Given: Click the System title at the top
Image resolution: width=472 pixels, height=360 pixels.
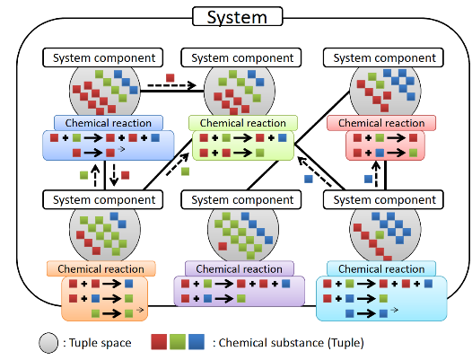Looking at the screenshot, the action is click(x=237, y=17).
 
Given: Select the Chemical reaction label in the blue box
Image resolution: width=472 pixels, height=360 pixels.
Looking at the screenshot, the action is click(x=109, y=123).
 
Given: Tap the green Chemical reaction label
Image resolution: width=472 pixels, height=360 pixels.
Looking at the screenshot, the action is click(x=243, y=123).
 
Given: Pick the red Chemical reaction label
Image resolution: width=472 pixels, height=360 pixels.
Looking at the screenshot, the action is click(x=381, y=123).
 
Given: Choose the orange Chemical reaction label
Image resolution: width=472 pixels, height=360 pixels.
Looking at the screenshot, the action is click(x=101, y=268).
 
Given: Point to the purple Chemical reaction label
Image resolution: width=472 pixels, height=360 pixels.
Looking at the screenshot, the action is click(x=240, y=268).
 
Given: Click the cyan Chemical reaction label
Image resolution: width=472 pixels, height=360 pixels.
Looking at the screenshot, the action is click(x=381, y=268).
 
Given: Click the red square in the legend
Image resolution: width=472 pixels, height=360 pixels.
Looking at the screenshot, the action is click(x=159, y=342).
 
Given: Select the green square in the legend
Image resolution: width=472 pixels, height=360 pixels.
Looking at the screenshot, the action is click(x=178, y=342).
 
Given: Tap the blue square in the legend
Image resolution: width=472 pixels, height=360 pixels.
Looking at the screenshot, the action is click(x=197, y=342).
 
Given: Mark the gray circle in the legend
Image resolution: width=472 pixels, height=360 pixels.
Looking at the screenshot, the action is click(x=48, y=343).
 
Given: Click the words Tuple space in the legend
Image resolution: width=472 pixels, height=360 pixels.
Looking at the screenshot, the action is click(x=101, y=343).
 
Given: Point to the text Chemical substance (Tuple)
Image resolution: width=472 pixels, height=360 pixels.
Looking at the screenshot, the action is click(x=292, y=343).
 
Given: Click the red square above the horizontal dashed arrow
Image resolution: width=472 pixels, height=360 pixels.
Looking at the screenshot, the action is click(x=170, y=78).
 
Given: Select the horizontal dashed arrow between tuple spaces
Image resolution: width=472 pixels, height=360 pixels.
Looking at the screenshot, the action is click(x=172, y=85).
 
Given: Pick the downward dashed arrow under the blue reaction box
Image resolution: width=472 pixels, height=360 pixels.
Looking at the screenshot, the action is click(x=114, y=175).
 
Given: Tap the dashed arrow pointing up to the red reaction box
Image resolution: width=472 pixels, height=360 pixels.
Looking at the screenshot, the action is click(x=376, y=174).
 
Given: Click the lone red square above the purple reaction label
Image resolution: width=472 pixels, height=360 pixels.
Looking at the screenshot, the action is click(x=223, y=246).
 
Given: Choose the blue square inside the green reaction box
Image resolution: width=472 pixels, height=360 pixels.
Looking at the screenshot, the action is click(x=283, y=138).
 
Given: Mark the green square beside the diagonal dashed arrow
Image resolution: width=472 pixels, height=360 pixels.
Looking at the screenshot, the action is click(x=185, y=171).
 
